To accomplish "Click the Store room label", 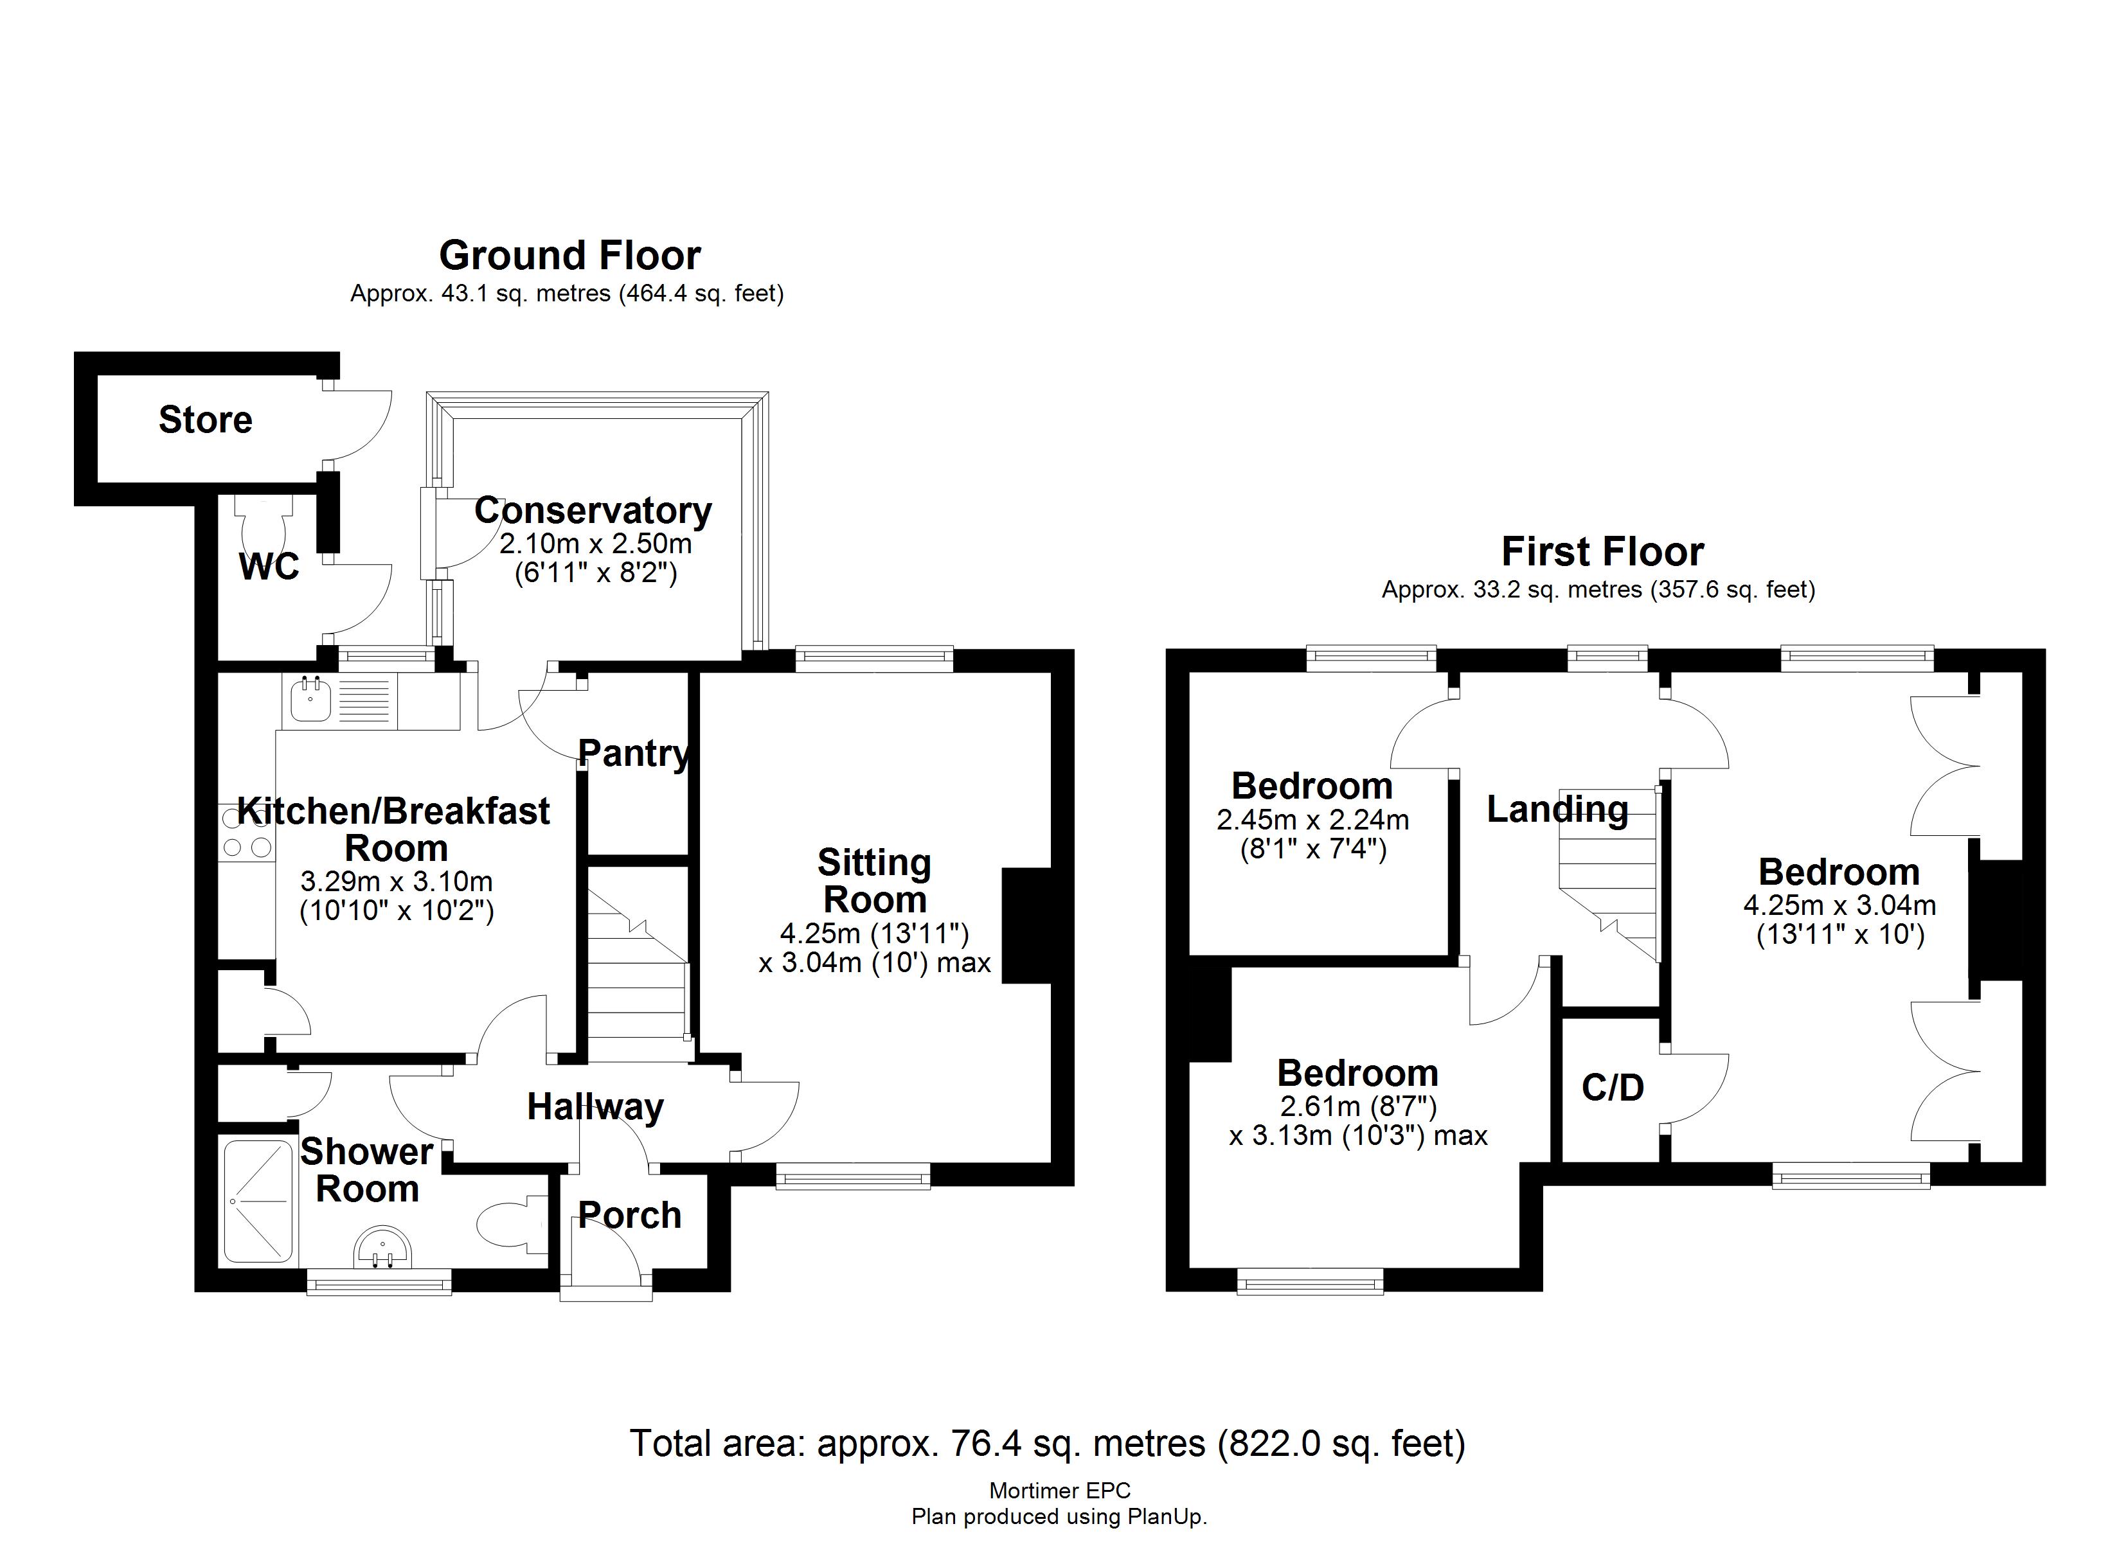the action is point(205,420).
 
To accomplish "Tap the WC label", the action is point(269,567).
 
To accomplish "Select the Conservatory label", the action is point(593,511).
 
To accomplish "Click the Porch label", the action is point(629,1215).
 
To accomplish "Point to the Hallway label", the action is point(595,1106).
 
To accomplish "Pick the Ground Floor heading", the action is point(569,255).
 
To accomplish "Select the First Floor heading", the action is point(1602,552).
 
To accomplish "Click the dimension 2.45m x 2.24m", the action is point(1312,820).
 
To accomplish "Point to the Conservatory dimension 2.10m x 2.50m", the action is point(595,544).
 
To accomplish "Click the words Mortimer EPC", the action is point(1060,1491).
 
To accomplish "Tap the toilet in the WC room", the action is point(263,528).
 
